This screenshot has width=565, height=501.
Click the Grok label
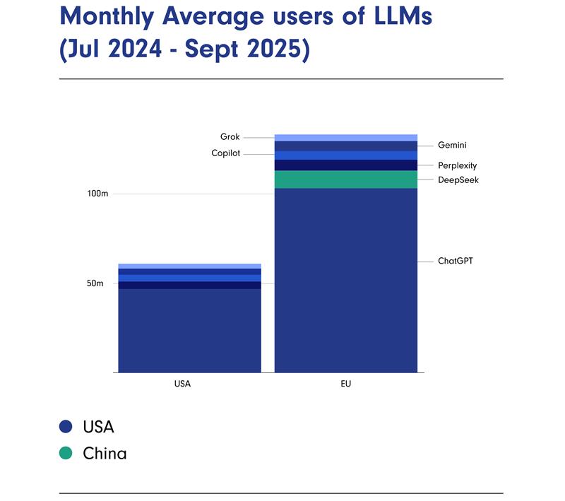(230, 137)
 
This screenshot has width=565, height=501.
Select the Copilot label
(226, 153)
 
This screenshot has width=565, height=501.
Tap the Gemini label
(452, 146)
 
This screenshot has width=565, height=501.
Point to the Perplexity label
(457, 166)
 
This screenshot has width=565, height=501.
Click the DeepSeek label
(458, 180)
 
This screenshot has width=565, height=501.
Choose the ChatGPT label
(455, 261)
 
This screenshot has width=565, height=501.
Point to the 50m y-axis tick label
(95, 283)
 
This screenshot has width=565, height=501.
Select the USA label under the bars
(182, 384)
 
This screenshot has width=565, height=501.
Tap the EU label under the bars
(345, 384)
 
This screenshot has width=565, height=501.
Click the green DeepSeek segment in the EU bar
(345, 179)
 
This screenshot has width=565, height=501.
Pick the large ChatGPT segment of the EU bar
(345, 283)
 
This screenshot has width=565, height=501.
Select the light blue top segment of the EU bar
(345, 138)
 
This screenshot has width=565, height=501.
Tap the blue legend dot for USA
(66, 427)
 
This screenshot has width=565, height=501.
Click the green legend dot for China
(66, 453)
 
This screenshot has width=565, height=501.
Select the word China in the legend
(105, 453)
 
